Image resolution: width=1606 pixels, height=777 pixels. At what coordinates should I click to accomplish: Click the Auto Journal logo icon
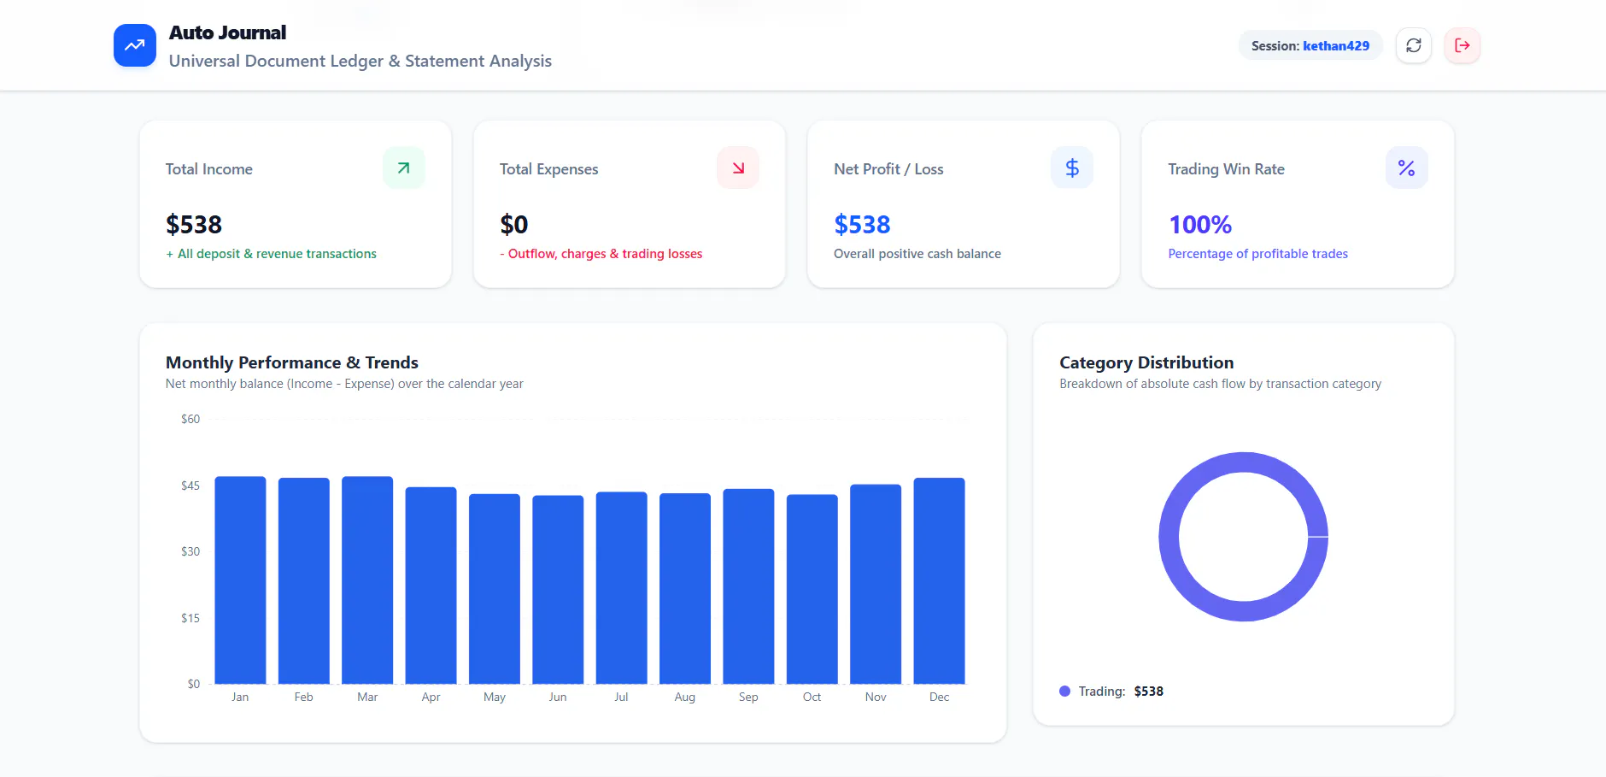tap(135, 45)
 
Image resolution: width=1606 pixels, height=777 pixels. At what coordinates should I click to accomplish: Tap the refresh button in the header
tap(1414, 45)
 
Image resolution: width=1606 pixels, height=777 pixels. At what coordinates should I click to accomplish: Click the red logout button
tap(1462, 45)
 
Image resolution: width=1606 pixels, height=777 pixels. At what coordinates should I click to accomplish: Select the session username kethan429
tap(1336, 46)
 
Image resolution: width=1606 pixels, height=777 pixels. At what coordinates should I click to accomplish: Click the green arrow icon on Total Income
tap(404, 168)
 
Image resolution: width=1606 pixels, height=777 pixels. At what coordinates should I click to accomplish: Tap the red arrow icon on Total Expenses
tap(738, 168)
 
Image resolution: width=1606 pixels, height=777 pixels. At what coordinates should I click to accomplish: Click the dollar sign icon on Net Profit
tap(1072, 168)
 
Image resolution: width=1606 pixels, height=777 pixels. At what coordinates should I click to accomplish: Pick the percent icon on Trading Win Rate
tap(1406, 168)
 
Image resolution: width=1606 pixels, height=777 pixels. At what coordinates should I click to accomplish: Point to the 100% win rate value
tap(1200, 225)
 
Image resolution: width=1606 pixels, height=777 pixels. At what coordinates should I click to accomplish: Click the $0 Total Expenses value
tap(514, 225)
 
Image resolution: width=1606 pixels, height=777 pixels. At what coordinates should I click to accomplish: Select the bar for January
tap(240, 580)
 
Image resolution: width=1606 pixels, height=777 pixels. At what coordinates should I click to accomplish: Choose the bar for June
tap(558, 590)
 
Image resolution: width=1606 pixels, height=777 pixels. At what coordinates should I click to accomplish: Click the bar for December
tap(939, 581)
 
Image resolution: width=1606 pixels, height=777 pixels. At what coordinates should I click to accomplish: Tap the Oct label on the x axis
tap(812, 698)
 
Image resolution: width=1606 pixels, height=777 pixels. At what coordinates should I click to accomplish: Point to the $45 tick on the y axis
tap(190, 486)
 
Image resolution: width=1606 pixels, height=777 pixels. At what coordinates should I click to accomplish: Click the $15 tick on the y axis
tap(190, 618)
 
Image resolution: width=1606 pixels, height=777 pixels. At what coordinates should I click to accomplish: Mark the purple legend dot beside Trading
tap(1064, 692)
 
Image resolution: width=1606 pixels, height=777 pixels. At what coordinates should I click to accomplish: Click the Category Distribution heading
tap(1146, 362)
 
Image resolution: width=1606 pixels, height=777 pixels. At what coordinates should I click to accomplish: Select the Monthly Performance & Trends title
tap(292, 362)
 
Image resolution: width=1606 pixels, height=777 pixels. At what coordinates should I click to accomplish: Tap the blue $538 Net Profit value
tap(862, 225)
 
